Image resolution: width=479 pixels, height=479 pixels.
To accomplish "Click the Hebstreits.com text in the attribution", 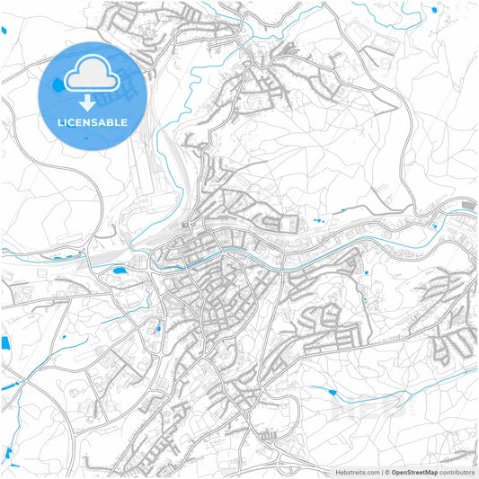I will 356,472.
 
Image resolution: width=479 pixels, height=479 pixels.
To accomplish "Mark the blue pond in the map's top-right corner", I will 435,10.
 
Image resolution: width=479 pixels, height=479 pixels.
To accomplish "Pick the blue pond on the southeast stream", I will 333,392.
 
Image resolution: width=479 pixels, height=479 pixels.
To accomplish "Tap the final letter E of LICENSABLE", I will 124,122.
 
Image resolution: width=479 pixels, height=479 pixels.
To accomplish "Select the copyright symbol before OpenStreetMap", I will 387,472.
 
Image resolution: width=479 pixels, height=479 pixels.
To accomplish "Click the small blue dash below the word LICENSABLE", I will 87,140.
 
